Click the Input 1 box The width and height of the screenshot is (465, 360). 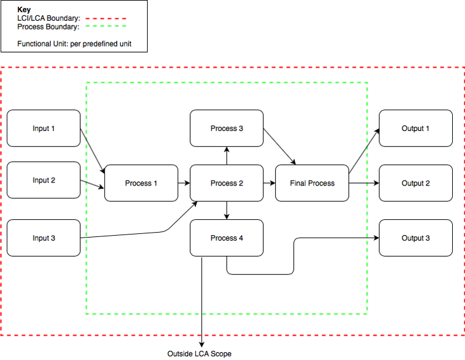point(43,129)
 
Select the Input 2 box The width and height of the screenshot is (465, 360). point(43,180)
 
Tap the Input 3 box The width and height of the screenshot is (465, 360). point(43,238)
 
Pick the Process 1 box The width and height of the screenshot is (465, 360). point(141,183)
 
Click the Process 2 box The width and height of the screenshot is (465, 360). point(227,183)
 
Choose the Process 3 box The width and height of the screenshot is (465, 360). point(227,129)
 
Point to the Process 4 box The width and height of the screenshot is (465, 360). point(227,238)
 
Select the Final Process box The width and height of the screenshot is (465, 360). point(312,183)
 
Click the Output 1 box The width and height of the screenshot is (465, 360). point(415,129)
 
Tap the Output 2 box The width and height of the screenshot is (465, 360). point(415,183)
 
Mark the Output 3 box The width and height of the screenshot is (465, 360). point(415,238)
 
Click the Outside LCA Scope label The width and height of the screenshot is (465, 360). point(200,354)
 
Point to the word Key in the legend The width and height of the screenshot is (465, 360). point(24,10)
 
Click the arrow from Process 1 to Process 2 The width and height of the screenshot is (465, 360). point(184,183)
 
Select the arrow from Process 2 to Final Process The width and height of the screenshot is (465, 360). point(269,183)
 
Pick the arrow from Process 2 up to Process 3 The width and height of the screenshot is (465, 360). point(227,156)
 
